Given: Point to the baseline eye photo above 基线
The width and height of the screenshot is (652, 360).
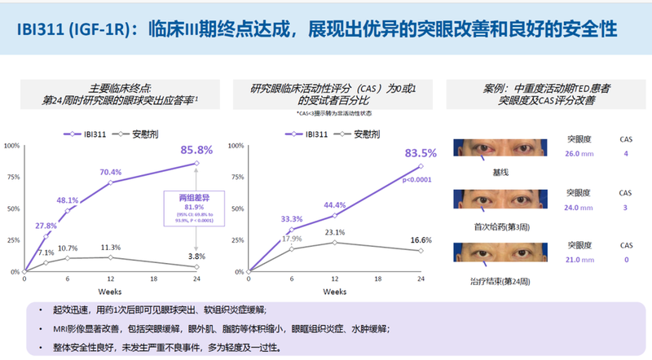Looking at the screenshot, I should (500, 146).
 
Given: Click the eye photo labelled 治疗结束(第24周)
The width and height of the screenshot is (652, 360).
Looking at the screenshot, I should (500, 252).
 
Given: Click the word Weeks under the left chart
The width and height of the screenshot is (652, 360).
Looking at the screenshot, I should (110, 291).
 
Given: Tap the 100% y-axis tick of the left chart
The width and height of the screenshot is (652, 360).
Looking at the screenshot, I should (12, 146).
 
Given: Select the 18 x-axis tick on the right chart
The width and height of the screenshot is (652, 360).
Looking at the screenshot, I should (378, 279).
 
